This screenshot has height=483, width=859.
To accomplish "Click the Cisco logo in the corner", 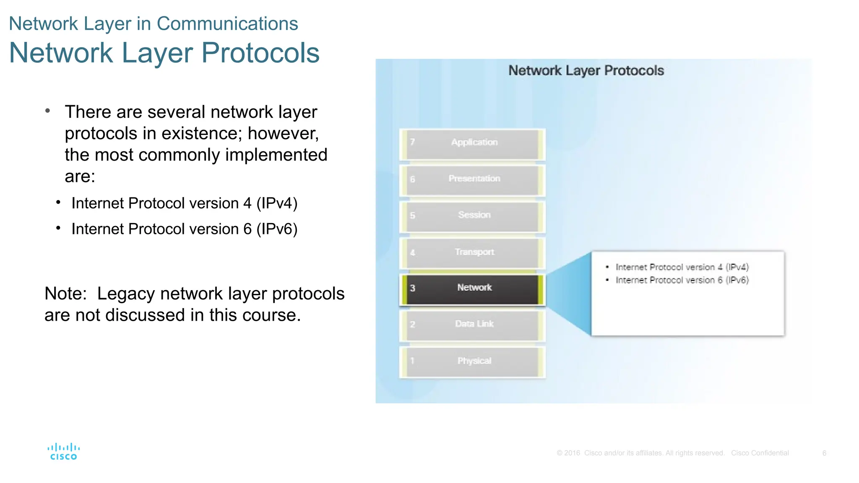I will pos(63,452).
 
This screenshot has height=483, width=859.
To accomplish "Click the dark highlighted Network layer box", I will pos(473,289).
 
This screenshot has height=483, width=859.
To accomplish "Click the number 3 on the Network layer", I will pos(412,288).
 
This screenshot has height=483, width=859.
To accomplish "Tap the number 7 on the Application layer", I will pos(412,142).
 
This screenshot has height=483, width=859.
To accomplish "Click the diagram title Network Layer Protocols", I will pos(586,70).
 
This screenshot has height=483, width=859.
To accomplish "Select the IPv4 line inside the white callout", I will pos(682,267).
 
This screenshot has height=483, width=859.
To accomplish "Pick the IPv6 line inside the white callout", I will pos(682,280).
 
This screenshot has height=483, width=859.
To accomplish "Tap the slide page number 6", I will pos(824,453).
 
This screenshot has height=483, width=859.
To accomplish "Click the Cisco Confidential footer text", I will pos(760,453).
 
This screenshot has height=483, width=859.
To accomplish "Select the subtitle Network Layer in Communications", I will pos(154,23).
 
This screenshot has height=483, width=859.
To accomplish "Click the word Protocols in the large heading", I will pos(260,53).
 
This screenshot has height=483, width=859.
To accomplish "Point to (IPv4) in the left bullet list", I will pos(277,203).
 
